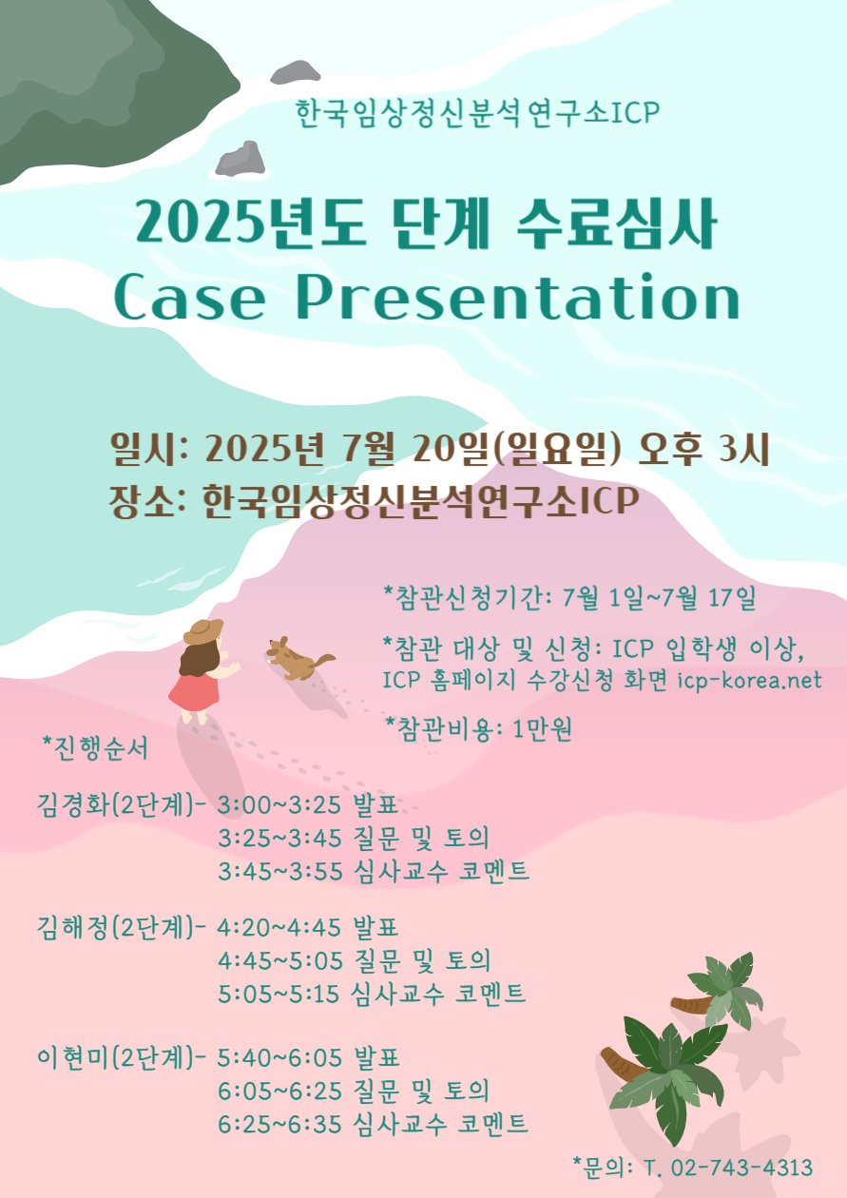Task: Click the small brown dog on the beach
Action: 299,659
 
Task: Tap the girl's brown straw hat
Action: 203,631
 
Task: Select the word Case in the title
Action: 190,298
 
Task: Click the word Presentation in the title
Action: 517,297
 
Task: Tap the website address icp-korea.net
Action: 749,681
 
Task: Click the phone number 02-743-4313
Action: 741,1167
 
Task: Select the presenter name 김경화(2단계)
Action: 115,804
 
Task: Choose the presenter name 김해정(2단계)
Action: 115,927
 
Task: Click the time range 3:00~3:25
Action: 279,804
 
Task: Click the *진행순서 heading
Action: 95,747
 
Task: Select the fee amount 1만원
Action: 542,728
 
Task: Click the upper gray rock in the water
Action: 295,72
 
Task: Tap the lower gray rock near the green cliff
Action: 241,159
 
